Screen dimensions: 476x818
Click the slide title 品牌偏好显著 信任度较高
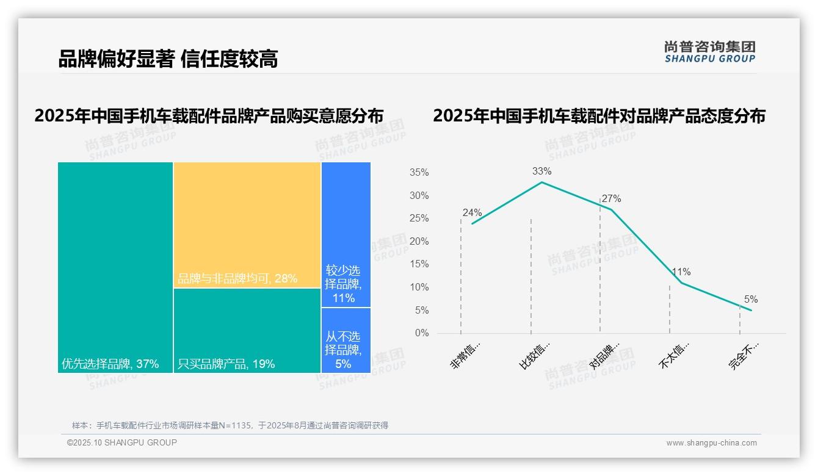coord(168,59)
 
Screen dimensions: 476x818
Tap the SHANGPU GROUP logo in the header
coord(709,52)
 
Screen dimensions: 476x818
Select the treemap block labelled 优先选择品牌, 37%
coord(115,267)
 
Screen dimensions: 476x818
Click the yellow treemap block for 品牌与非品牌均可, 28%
coord(247,225)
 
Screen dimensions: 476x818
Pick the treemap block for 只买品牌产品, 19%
coord(247,330)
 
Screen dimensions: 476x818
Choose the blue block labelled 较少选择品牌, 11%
coord(346,234)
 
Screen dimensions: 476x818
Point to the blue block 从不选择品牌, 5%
coord(346,340)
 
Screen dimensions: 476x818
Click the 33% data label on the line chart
coord(541,171)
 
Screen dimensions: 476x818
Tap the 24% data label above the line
coord(472,213)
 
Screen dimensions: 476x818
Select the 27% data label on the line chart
coord(611,199)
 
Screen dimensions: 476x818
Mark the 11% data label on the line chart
coord(681,272)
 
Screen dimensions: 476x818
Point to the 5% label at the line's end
coord(750,300)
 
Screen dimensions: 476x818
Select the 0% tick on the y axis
coord(421,333)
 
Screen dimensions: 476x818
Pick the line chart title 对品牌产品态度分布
coord(599,116)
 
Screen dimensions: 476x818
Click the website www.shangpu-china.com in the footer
coord(711,443)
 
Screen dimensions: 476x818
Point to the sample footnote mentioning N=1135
coord(230,425)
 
